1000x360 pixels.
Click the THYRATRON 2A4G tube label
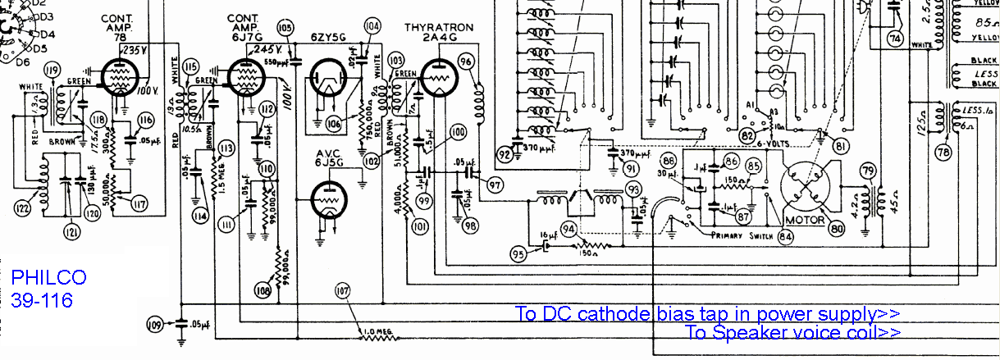pos(439,34)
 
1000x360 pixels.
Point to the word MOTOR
pos(805,221)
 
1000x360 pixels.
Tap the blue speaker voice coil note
pos(792,332)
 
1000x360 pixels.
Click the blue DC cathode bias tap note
pos(707,313)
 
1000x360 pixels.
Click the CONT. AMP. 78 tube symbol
pos(119,79)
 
